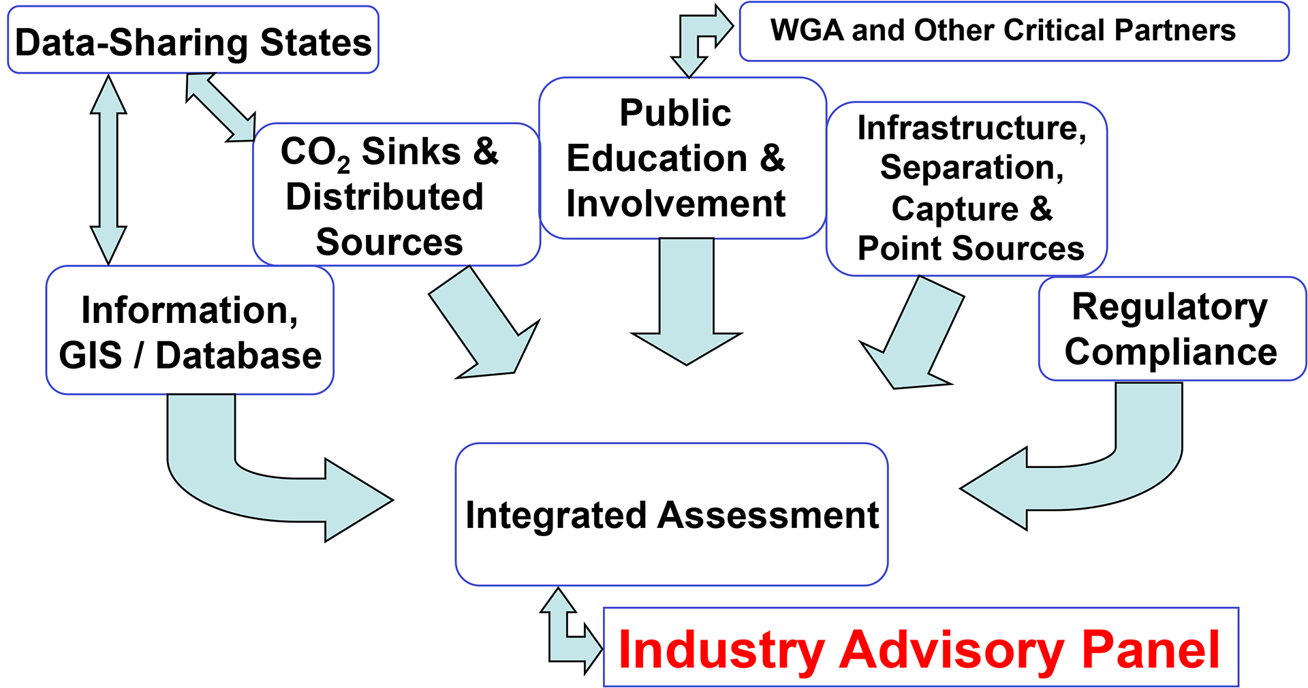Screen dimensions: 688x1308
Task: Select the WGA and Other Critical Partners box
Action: point(1014,31)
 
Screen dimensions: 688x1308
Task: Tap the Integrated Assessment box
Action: point(672,514)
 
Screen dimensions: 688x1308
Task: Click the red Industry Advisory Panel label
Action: point(920,648)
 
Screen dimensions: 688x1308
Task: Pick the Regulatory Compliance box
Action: point(1172,329)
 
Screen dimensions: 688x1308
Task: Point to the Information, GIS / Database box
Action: point(189,331)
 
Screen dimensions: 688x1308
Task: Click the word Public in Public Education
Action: point(675,113)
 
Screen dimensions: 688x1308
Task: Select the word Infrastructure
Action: point(971,128)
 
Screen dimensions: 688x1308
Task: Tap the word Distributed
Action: point(384,197)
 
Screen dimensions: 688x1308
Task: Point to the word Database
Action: point(238,356)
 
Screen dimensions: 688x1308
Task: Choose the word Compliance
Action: point(1171,352)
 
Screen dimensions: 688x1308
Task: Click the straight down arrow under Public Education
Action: point(687,307)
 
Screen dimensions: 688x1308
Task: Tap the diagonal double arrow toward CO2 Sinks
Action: point(221,108)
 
